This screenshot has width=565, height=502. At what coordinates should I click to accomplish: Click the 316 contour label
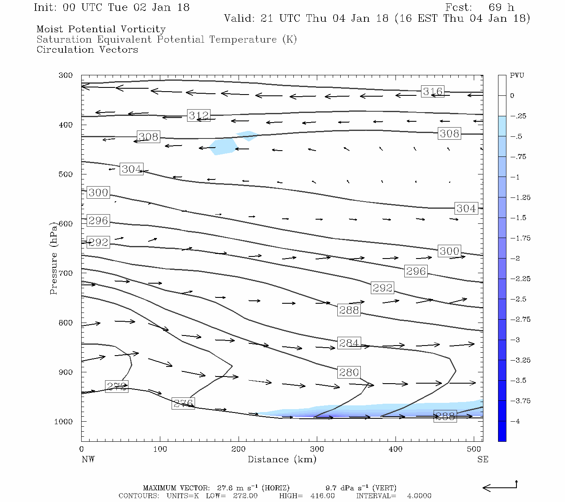point(432,92)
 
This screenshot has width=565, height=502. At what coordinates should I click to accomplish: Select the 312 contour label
point(198,115)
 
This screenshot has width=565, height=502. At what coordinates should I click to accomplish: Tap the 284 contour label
point(349,343)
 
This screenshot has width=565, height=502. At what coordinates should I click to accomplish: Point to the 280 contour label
point(349,372)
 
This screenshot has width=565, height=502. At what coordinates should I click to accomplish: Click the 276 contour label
point(183,404)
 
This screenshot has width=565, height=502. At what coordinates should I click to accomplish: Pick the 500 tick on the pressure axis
point(66,174)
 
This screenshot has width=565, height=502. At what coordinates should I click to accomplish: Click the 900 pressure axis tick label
point(66,372)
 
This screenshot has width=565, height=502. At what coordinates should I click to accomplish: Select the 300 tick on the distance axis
point(317,449)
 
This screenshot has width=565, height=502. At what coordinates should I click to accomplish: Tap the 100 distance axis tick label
point(160,449)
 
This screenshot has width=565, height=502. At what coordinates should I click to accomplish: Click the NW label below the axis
point(88,459)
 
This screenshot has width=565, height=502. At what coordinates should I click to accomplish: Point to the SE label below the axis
point(483,459)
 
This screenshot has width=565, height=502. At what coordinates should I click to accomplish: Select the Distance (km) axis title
point(282,459)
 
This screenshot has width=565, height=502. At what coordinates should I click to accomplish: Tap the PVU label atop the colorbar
point(517,76)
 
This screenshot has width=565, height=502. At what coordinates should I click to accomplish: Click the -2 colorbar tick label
point(515,259)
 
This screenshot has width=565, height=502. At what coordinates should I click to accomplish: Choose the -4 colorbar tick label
point(515,421)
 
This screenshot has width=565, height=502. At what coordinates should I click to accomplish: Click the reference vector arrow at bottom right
point(500,487)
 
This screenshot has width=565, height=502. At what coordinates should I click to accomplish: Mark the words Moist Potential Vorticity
point(101,29)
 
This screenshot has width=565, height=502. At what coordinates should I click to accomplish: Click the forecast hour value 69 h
point(501,8)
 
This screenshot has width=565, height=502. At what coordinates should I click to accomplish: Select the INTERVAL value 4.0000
point(419,496)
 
